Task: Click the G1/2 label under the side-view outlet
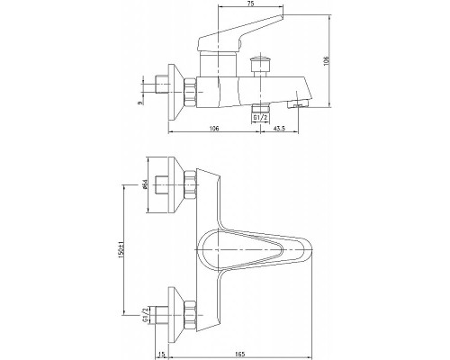260,114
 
